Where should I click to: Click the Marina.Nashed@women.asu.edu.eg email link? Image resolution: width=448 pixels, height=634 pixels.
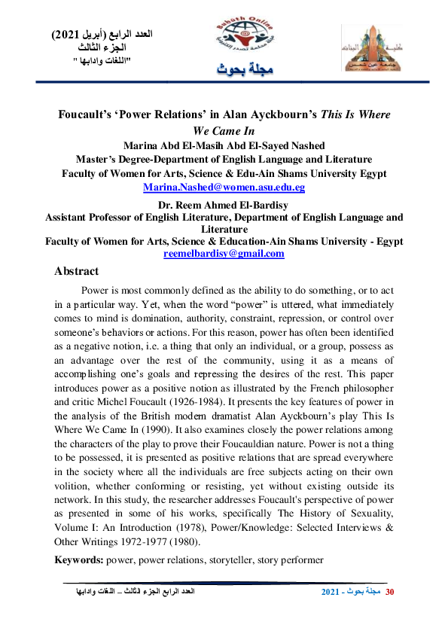(224, 187)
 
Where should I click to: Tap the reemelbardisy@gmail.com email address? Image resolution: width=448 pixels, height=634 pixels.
(224, 254)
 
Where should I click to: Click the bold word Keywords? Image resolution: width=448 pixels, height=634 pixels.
(78, 560)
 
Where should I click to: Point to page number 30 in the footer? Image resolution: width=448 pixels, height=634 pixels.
(389, 593)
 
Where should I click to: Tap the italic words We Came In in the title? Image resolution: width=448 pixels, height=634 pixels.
(223, 130)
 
